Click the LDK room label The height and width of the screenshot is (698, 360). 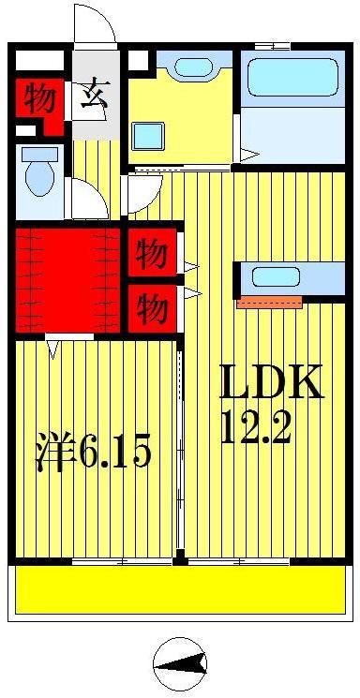[x=271, y=382]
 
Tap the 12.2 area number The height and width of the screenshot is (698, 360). [x=256, y=427]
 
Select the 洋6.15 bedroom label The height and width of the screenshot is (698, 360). [x=94, y=453]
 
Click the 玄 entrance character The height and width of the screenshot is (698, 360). [x=95, y=95]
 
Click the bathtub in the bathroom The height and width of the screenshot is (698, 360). [x=292, y=78]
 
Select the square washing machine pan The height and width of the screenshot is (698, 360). [x=149, y=136]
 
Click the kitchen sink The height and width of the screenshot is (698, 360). [x=276, y=277]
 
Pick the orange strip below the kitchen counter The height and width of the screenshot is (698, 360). [x=270, y=303]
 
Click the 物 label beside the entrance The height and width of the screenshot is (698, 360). [x=39, y=97]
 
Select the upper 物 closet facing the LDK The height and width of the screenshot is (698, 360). [x=152, y=254]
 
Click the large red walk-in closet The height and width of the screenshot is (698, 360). [x=67, y=280]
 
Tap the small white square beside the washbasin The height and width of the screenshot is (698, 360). [x=138, y=60]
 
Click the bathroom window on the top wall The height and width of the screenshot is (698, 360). [x=272, y=46]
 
